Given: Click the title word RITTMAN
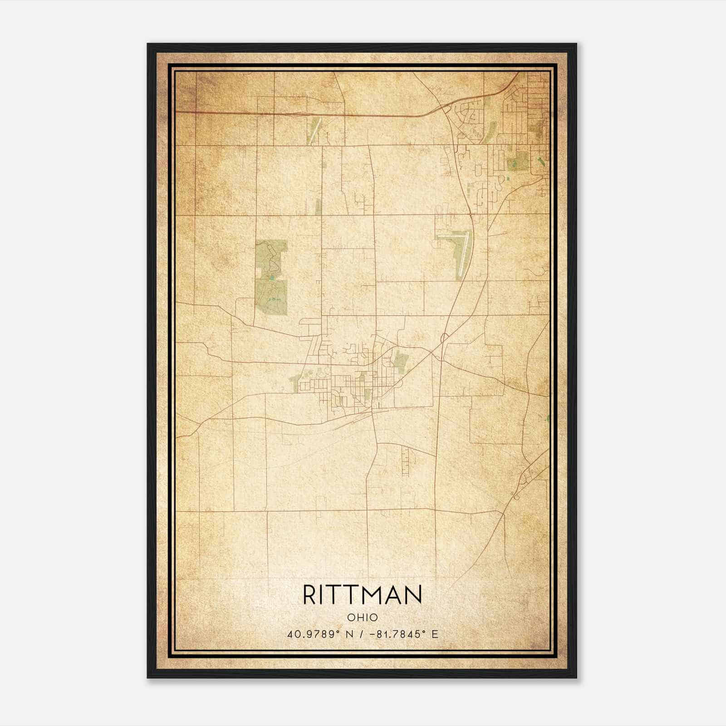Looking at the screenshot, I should [362, 595].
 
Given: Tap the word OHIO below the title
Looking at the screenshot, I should [362, 618].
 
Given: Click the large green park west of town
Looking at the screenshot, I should [271, 278].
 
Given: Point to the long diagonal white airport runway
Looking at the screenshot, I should [463, 254].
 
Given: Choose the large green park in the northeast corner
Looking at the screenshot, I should [518, 161].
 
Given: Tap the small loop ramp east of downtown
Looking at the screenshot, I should [445, 337].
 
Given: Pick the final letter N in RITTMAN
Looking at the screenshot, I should [414, 595].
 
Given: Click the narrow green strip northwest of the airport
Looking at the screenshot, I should [319, 206].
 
